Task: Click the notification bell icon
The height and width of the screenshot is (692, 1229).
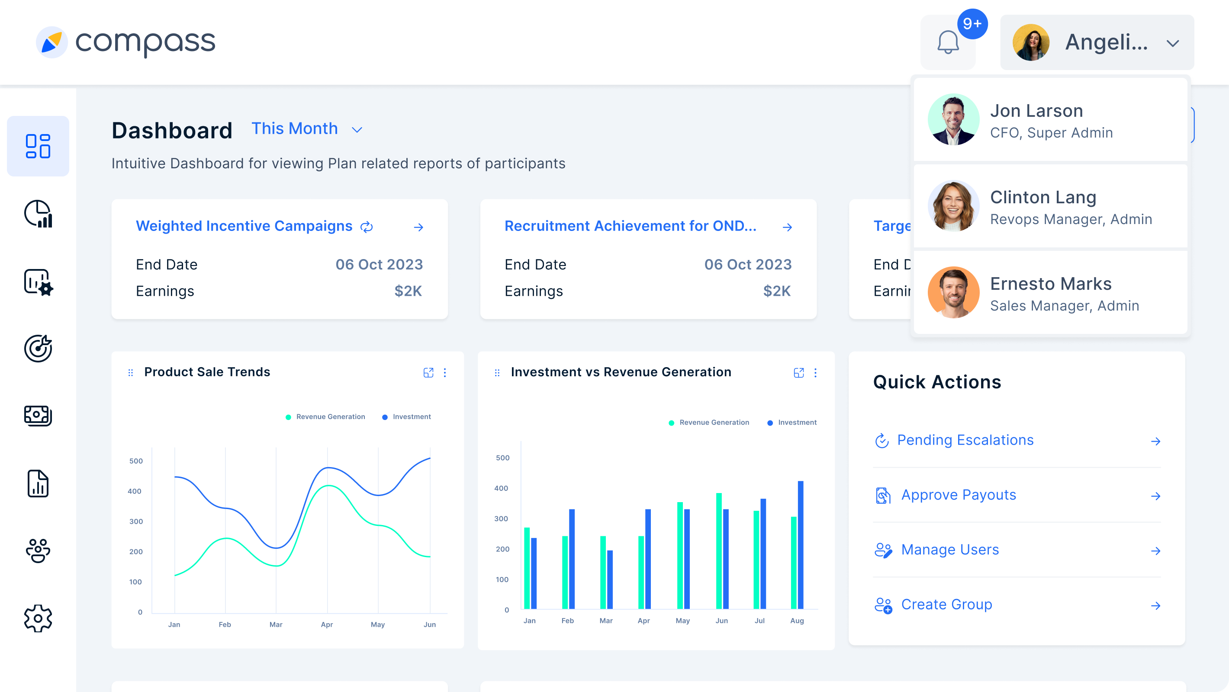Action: [948, 43]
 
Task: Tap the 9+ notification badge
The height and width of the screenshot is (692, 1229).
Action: [972, 23]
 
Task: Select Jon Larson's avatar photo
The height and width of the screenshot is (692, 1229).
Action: [953, 119]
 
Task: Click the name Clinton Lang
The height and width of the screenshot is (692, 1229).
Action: [1043, 197]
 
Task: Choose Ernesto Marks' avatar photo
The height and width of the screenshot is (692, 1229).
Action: [953, 292]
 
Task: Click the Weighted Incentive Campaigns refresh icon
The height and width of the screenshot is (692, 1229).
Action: [367, 227]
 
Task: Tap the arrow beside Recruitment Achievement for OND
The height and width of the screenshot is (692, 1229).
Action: [787, 227]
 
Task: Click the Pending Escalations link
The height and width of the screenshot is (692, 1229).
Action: [965, 440]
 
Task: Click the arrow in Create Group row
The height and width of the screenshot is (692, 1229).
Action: [1155, 605]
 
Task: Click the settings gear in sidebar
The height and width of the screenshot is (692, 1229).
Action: [38, 618]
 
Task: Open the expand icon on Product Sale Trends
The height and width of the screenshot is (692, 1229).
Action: [428, 372]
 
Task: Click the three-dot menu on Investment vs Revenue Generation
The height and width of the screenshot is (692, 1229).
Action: [815, 372]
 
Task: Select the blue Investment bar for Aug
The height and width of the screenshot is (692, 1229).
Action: [800, 545]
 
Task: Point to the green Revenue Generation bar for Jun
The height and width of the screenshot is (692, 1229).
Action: [718, 551]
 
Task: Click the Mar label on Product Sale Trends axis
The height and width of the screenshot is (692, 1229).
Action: [276, 624]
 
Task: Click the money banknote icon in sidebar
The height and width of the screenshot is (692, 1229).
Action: [38, 415]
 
